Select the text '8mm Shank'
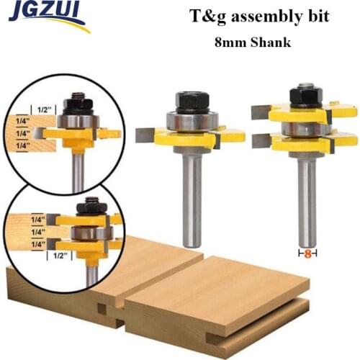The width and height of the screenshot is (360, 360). point(252,42)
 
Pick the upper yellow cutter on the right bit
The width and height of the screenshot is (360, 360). point(305,112)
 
